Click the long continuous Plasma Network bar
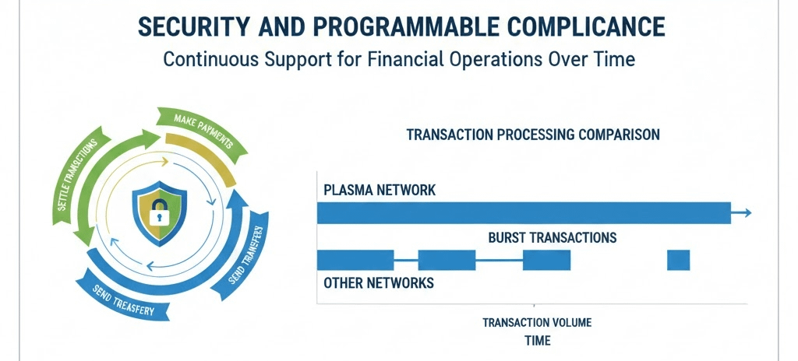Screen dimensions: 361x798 523,213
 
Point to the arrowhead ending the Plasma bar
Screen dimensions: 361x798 747,212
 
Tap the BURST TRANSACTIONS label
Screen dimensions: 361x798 552,237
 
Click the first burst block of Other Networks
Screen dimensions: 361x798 355,260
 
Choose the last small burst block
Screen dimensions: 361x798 679,260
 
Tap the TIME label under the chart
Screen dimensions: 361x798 537,341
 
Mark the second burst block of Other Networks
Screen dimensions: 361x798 447,260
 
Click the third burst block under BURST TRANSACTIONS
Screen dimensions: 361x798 546,260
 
